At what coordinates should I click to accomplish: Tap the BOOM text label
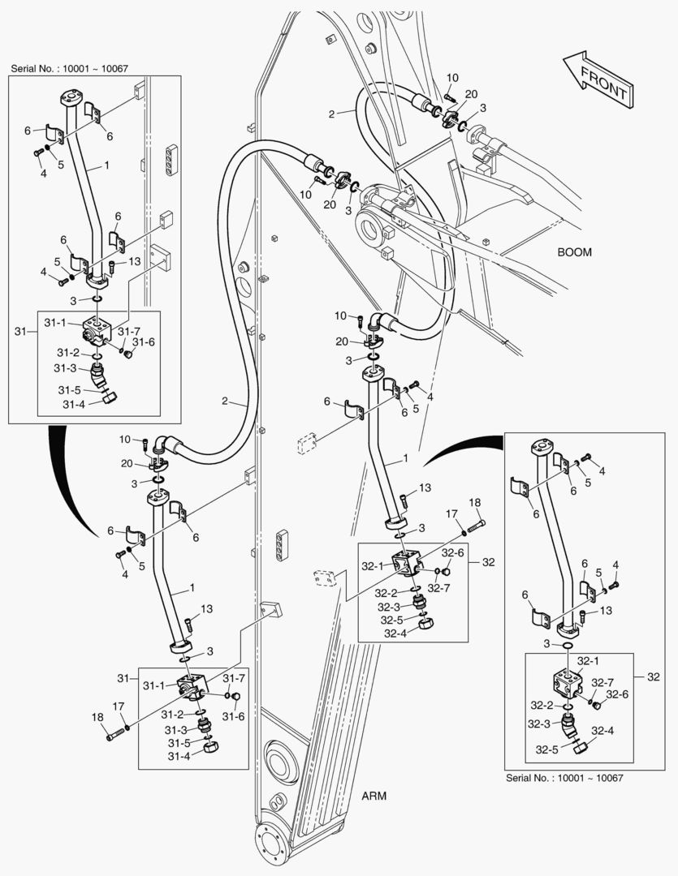574,252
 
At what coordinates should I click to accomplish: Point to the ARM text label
374,796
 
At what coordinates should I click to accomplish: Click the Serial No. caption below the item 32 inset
564,778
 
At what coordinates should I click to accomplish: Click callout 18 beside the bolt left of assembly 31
98,717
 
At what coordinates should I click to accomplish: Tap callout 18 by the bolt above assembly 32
475,503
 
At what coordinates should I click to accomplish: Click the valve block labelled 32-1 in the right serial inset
567,683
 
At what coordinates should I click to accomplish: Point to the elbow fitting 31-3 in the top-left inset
97,376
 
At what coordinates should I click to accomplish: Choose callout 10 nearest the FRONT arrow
452,78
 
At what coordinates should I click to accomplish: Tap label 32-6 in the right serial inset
616,694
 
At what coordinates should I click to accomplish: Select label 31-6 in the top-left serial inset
143,343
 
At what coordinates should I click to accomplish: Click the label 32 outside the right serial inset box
655,676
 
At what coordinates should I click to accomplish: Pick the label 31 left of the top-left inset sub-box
21,331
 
